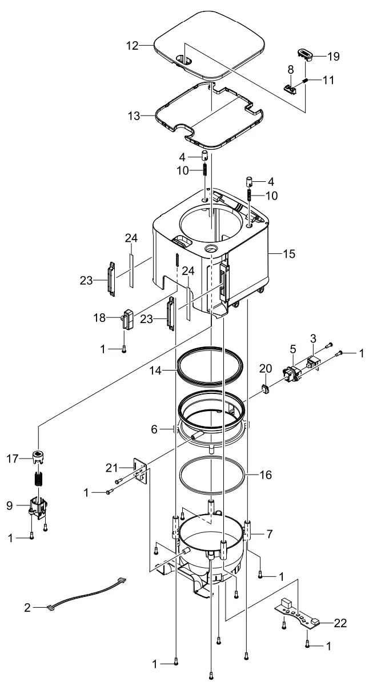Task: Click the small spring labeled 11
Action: point(305,80)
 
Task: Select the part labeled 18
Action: point(126,319)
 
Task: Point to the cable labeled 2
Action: point(86,595)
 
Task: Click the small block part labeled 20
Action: point(265,389)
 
